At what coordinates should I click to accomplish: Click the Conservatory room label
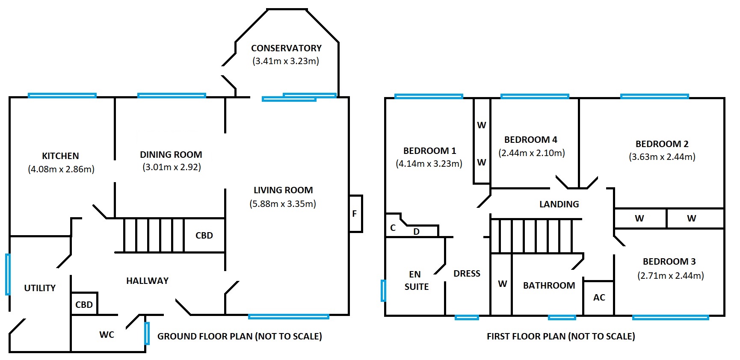tap(286, 48)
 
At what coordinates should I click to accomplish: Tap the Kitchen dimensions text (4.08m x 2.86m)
tap(61, 169)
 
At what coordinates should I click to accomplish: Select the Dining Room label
tap(171, 154)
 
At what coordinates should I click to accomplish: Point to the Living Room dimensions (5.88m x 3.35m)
tap(283, 204)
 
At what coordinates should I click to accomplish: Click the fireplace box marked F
tap(356, 214)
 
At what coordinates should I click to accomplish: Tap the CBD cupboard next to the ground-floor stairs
tap(204, 235)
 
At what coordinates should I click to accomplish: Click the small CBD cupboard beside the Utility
tap(84, 304)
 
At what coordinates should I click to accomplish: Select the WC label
tap(107, 334)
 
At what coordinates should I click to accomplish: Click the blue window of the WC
tap(147, 333)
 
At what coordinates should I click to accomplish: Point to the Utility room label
tap(40, 288)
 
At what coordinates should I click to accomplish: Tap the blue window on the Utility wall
tap(8, 274)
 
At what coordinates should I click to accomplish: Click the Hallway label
tap(148, 280)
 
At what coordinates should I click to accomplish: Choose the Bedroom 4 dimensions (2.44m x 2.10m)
tap(532, 153)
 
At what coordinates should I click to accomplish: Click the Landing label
tap(559, 204)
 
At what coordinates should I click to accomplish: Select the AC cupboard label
tap(599, 297)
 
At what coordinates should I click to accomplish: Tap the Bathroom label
tap(549, 285)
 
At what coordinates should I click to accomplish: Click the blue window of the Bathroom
tap(562, 317)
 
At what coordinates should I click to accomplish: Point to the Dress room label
tap(467, 273)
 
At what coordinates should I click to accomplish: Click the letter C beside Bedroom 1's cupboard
tap(393, 228)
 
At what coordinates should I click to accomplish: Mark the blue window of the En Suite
tap(384, 291)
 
